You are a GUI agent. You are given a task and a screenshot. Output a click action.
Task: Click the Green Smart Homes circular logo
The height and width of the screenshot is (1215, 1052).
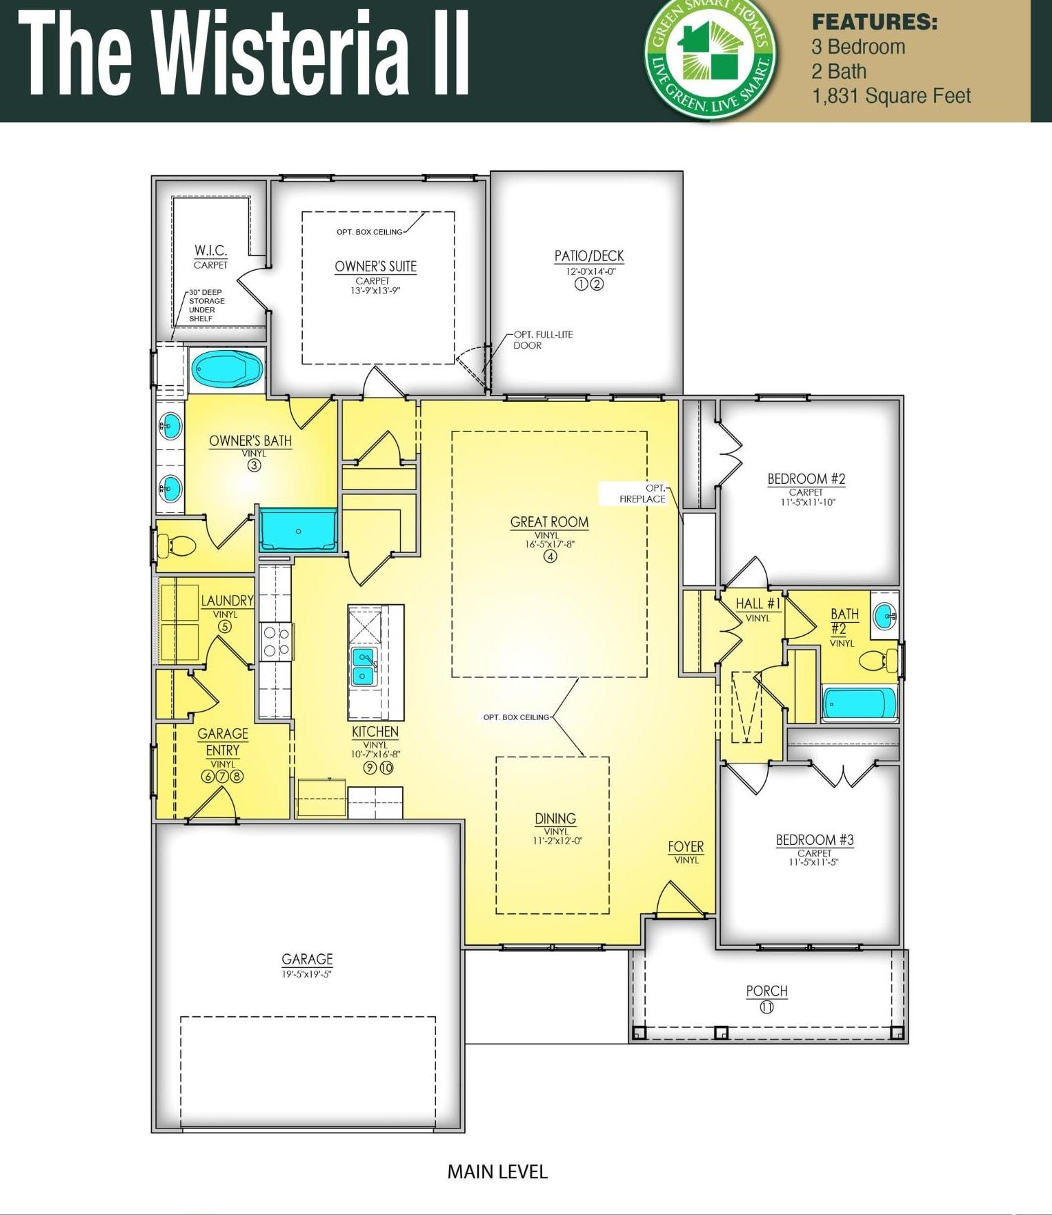coord(710,59)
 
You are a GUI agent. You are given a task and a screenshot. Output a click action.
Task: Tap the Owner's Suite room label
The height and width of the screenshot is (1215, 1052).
coord(375,266)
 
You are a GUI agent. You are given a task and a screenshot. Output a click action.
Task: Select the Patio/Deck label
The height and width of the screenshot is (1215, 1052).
coord(589,256)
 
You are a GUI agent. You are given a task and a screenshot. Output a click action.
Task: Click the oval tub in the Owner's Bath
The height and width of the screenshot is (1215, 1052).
coord(227,369)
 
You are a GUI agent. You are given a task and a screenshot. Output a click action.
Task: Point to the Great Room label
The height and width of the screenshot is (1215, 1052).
coord(549,522)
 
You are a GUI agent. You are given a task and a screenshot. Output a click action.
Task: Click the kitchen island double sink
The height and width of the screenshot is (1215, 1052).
coord(364,665)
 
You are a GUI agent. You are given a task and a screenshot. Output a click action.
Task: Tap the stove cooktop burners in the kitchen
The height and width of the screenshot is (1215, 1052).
coord(276,641)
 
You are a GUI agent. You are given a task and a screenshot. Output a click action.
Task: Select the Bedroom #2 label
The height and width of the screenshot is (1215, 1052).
coord(806,478)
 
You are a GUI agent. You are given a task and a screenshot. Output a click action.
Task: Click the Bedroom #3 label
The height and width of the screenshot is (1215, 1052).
coord(815,839)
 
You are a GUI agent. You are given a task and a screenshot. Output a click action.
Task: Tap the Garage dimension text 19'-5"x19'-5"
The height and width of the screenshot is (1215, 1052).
coord(307,974)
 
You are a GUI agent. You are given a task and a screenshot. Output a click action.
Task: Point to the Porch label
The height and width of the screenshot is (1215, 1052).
coord(766,991)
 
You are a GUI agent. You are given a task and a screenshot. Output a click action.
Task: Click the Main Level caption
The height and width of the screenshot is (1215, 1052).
coord(497,1172)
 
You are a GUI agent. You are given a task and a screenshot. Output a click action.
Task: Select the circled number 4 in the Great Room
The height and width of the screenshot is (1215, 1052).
coord(550,556)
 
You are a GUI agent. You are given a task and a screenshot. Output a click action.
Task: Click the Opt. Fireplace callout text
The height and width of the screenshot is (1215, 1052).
coord(642,494)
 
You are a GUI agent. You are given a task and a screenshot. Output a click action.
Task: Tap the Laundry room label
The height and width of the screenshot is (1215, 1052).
coord(227,601)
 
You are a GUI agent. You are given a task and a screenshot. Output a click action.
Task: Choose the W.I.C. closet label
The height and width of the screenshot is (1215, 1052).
coord(210,250)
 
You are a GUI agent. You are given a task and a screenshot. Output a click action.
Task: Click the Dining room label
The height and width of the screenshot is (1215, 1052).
coord(555,819)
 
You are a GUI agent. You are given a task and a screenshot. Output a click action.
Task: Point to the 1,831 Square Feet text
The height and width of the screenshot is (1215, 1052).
coord(891,96)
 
